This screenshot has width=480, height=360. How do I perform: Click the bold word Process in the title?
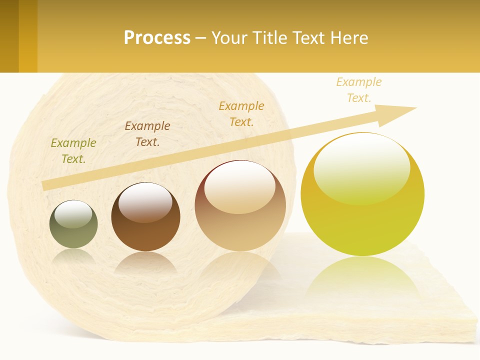tap(157, 38)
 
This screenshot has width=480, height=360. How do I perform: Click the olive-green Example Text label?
tap(73, 151)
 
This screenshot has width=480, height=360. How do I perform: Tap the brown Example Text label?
tap(147, 134)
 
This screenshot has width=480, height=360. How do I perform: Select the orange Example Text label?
tap(241, 113)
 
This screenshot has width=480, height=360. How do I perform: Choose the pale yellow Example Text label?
tap(359, 89)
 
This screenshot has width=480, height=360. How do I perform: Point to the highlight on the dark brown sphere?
tap(145, 202)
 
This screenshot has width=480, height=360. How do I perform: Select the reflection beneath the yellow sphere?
tap(362, 280)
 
